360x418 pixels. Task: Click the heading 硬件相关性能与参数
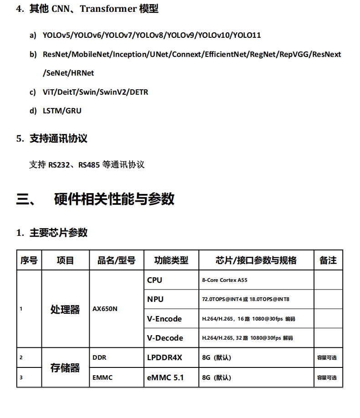(x=114, y=199)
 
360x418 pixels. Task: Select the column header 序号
(x=29, y=260)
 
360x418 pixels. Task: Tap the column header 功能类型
(x=171, y=260)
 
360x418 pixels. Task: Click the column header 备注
(x=328, y=260)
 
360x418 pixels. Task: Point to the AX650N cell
(x=105, y=309)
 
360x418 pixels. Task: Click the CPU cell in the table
(x=155, y=280)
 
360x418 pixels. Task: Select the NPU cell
(x=155, y=299)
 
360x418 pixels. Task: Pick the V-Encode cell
(x=164, y=319)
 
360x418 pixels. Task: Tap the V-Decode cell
(x=165, y=338)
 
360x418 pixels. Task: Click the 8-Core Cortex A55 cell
(x=225, y=280)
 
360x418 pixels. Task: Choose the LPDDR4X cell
(x=165, y=357)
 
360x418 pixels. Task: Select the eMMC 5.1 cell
(x=166, y=377)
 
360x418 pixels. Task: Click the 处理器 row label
(x=65, y=310)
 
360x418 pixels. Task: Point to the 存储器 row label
(x=65, y=368)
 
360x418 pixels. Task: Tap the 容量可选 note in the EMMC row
(x=327, y=378)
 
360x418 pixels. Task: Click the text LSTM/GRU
(x=62, y=111)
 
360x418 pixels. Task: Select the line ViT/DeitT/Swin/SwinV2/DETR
(x=96, y=92)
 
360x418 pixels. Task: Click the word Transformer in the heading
(x=108, y=9)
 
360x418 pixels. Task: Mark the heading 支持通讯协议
(x=58, y=138)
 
